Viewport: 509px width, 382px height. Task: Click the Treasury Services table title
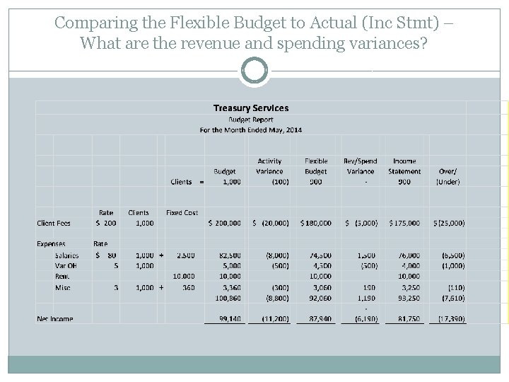coord(251,108)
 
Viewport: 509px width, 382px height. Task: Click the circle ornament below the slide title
coord(254,71)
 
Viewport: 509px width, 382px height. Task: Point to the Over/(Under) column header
coord(447,176)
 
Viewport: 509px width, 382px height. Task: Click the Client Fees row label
coord(54,224)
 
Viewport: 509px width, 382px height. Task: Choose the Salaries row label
coord(66,255)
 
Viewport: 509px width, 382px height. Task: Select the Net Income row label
coord(55,319)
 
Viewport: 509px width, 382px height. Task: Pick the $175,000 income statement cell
coord(404,224)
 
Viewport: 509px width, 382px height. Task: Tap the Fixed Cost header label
coord(182,212)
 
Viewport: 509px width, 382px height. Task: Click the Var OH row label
coord(66,265)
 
